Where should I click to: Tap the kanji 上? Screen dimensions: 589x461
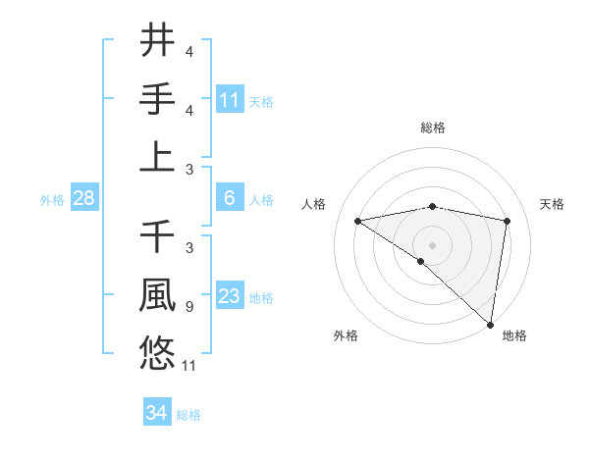point(158,156)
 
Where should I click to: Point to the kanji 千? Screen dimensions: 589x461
point(158,238)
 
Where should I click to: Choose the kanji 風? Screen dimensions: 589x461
point(158,295)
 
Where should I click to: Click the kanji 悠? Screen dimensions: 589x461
point(158,352)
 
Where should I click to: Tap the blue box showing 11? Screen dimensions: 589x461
point(230,100)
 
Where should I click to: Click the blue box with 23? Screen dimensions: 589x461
point(230,297)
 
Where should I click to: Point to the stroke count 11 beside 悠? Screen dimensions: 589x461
point(190,366)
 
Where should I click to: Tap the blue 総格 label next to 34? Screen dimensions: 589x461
point(188,415)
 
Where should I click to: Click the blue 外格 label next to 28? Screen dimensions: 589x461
point(52,200)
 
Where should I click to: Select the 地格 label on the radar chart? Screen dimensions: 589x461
point(514,335)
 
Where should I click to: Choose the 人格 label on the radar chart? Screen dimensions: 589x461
point(314,204)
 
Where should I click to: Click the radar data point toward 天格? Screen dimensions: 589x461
point(508,221)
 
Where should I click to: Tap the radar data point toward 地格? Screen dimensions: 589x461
point(490,324)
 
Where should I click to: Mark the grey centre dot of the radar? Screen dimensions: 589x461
point(432,244)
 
